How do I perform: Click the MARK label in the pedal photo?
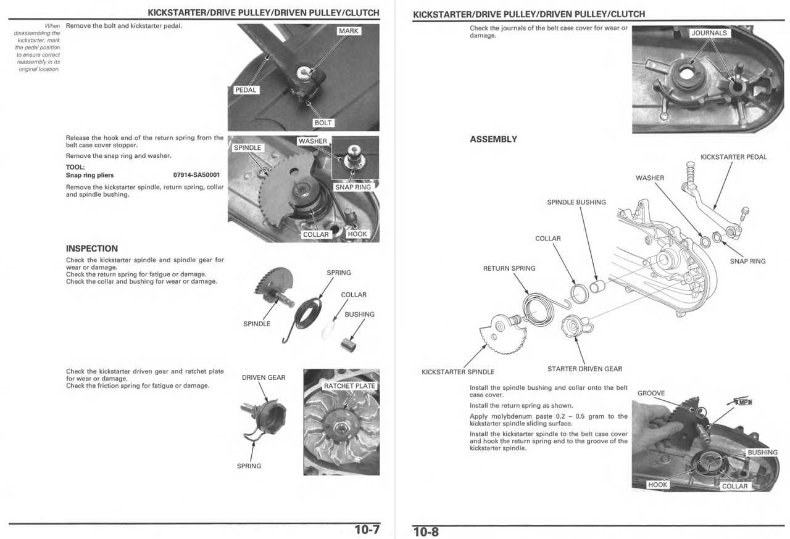[x=349, y=31]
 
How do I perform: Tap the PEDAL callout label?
[x=246, y=90]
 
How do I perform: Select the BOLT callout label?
[x=323, y=123]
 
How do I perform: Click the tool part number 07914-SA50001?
[x=196, y=175]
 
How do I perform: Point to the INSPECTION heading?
[x=91, y=249]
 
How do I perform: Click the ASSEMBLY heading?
[x=493, y=139]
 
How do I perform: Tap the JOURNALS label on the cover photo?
[x=709, y=33]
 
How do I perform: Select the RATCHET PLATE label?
[x=349, y=386]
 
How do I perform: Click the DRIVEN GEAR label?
[x=264, y=377]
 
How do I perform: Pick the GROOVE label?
[x=651, y=393]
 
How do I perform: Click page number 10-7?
[x=367, y=530]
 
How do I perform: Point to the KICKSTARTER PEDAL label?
[x=733, y=157]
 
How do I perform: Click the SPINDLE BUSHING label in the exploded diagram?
[x=576, y=202]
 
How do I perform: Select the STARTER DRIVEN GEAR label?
[x=584, y=369]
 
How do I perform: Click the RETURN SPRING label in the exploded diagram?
[x=509, y=268]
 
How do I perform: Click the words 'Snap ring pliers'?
[x=89, y=175]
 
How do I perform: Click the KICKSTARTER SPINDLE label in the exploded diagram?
[x=457, y=372]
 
